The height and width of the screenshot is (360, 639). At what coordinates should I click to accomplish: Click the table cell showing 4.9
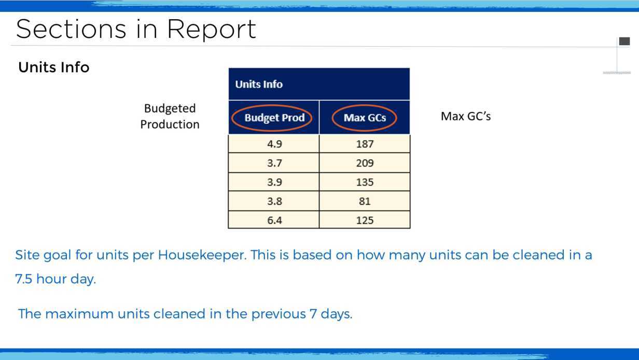(274, 144)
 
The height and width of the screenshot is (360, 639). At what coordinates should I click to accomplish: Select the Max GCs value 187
(365, 144)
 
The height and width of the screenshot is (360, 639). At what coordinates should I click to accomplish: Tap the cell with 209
(365, 163)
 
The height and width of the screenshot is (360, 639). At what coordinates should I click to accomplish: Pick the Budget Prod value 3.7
(274, 163)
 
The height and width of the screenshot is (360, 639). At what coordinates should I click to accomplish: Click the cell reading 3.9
(274, 182)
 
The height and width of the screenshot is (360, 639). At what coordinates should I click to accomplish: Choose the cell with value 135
(365, 182)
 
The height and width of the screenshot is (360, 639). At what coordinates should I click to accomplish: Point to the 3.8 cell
(274, 201)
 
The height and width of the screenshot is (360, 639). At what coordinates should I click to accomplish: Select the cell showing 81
(365, 201)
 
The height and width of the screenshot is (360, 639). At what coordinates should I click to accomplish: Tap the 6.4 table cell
(274, 220)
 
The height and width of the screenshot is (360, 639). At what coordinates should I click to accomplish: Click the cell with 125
(365, 220)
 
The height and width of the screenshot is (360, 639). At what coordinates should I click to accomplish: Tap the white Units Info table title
(259, 84)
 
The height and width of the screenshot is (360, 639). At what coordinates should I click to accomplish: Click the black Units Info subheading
(53, 67)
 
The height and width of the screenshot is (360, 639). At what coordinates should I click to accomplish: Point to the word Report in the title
(212, 30)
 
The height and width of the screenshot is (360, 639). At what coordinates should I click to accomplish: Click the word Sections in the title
(71, 29)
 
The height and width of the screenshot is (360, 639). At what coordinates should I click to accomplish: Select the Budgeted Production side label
(170, 116)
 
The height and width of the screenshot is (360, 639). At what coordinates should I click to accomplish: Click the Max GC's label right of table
(466, 116)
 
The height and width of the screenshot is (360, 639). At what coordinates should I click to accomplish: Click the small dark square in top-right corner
(624, 41)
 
